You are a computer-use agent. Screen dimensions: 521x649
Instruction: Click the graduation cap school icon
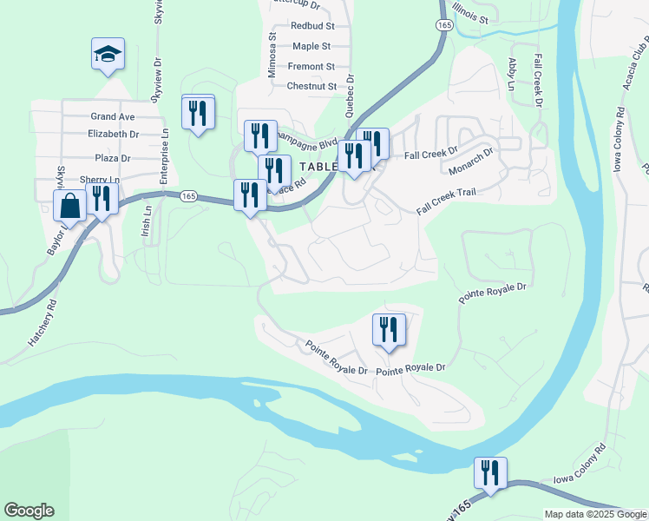coord(108,55)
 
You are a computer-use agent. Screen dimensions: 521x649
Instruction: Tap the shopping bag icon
coord(69,207)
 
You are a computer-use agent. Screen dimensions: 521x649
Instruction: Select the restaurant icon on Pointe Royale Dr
coord(389,330)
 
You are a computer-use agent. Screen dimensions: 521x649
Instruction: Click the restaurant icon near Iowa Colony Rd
coord(490,474)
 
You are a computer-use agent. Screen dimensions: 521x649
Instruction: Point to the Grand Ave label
coord(113,116)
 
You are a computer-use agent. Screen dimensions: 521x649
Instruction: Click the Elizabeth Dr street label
coord(114,135)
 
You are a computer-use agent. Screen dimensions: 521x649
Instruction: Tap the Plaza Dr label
coord(113,159)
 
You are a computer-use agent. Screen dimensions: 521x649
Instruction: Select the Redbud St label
coord(312,27)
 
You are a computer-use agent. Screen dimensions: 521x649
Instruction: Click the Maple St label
coord(311,46)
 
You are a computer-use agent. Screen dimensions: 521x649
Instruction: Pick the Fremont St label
coord(311,67)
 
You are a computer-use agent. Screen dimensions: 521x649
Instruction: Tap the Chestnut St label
coord(311,87)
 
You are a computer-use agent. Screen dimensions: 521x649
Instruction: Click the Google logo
coord(29,511)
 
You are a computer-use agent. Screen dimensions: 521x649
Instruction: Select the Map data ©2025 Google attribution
coord(594,514)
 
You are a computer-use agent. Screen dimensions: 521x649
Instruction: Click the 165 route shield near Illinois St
coord(444,27)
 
